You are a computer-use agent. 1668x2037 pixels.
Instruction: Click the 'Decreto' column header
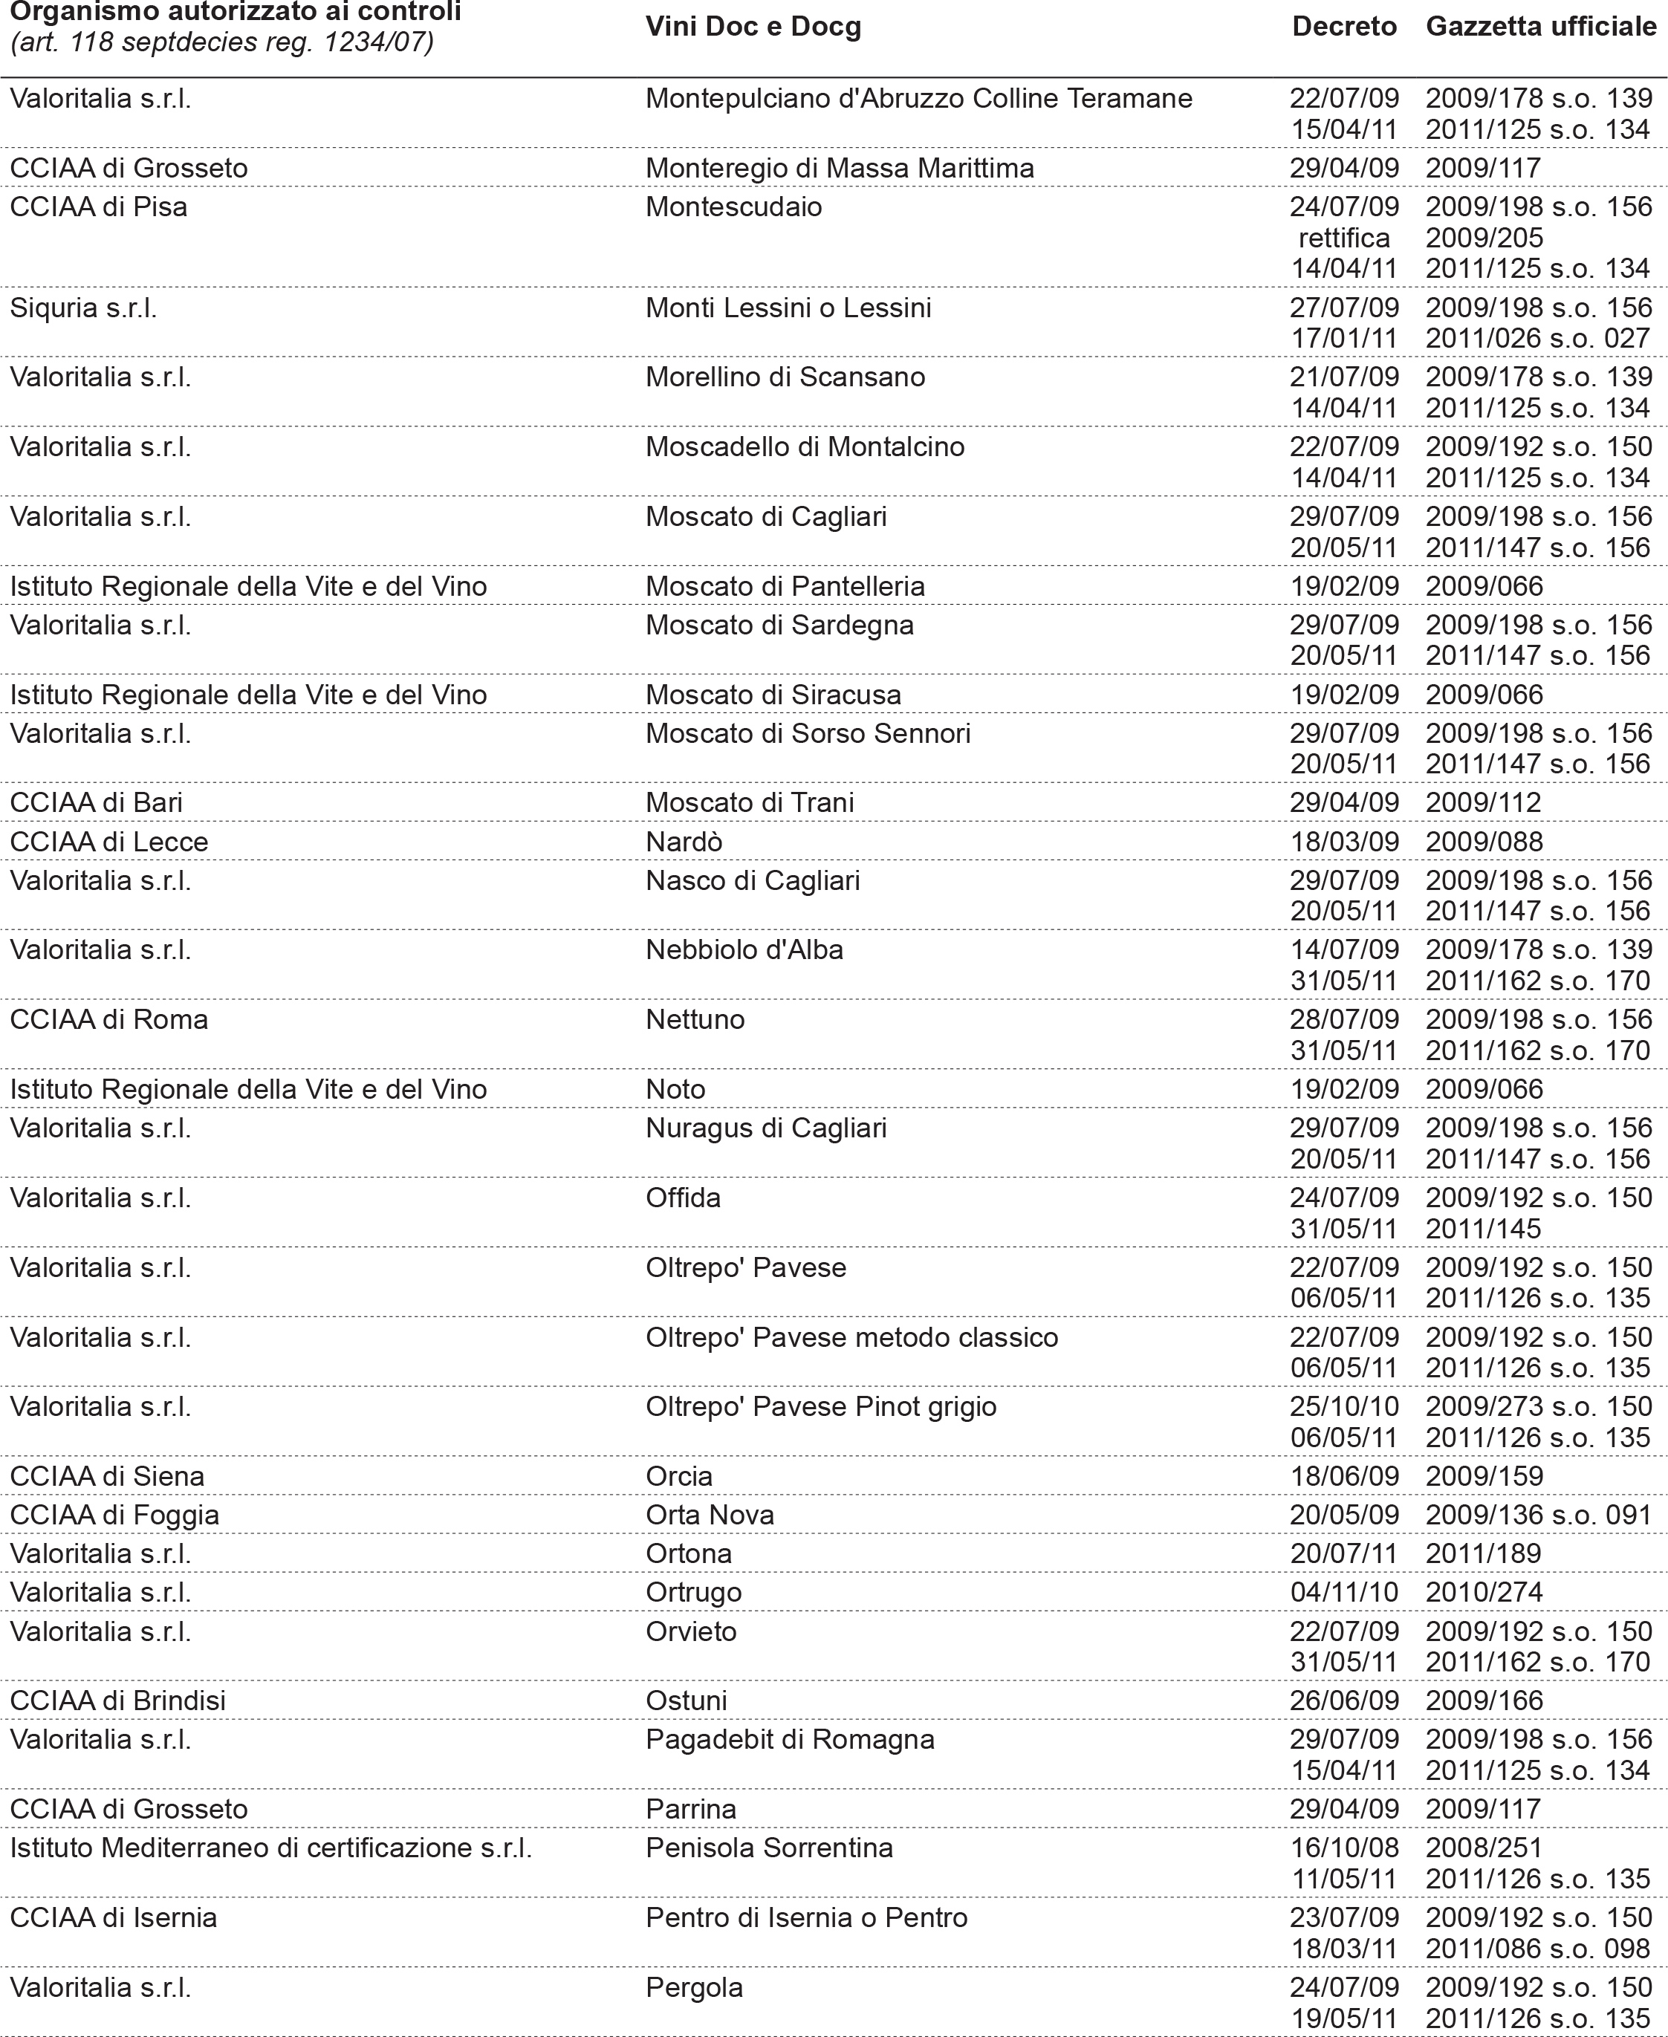1343,27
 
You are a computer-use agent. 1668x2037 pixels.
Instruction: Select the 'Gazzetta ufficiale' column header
1540,27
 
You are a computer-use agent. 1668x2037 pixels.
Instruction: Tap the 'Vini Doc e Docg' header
753,27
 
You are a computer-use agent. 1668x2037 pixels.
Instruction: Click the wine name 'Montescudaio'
733,207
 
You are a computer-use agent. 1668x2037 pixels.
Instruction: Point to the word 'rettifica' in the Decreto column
1343,238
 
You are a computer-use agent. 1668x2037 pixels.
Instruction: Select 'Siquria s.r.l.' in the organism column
84,308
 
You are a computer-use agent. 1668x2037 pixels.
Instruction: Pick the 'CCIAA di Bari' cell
96,803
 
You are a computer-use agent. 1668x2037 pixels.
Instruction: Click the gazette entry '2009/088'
1484,842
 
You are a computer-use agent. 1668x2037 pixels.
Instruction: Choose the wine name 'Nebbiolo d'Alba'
744,950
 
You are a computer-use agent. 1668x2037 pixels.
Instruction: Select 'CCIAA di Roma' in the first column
108,1019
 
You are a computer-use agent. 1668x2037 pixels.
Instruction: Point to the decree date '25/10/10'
1343,1407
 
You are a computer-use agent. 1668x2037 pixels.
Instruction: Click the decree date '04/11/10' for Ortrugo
1343,1592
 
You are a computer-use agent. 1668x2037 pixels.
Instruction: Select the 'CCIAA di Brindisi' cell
117,1700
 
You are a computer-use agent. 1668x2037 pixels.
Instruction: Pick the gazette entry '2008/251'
1484,1848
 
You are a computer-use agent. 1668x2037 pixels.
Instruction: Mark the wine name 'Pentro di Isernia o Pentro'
806,1918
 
